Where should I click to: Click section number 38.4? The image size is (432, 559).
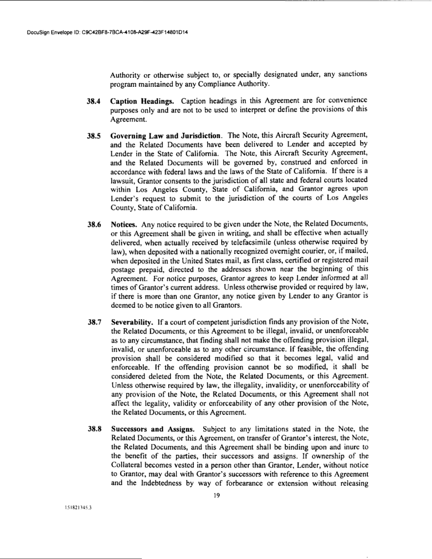point(79,101)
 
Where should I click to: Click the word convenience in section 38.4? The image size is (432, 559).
point(336,101)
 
